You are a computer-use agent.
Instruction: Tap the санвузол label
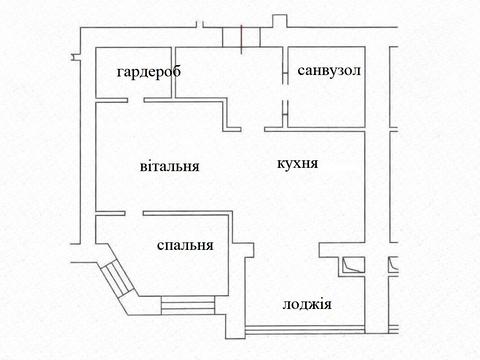(x=329, y=71)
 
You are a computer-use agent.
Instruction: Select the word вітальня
(x=169, y=167)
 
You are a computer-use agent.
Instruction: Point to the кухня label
(x=297, y=161)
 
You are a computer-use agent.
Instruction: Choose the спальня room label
(x=184, y=245)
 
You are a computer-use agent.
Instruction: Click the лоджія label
(x=307, y=305)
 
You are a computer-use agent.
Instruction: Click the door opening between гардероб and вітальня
(x=131, y=98)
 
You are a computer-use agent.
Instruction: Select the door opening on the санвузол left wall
(x=288, y=110)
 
